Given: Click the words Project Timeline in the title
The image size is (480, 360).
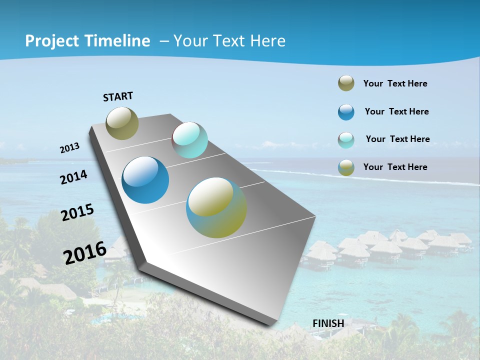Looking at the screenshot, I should [x=87, y=41].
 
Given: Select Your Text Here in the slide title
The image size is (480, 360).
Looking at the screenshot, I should [x=229, y=41].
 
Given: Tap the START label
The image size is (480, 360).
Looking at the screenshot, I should [x=118, y=96].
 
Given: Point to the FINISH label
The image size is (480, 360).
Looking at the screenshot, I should [x=328, y=323].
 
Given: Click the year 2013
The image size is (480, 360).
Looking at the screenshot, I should [x=69, y=148].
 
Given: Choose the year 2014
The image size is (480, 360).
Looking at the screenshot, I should [x=74, y=177].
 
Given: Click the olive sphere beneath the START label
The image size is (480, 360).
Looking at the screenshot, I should [x=122, y=123].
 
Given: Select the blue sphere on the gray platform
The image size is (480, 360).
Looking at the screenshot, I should [x=145, y=180].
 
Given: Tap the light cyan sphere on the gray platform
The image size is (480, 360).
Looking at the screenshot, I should [x=189, y=140].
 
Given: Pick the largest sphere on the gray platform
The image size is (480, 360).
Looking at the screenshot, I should [x=216, y=207].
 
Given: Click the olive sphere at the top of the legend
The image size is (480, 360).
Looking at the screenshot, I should [x=346, y=83].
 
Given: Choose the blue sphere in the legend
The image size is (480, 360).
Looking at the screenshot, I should [x=346, y=112].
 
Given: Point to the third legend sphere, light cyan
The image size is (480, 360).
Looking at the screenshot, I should [x=346, y=140].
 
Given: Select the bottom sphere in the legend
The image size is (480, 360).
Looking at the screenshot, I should [x=346, y=167].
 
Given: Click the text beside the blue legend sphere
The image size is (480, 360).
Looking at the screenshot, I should [x=396, y=111].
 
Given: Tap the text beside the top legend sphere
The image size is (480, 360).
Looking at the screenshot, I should [x=395, y=83].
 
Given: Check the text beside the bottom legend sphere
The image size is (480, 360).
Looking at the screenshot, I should [x=395, y=167].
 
